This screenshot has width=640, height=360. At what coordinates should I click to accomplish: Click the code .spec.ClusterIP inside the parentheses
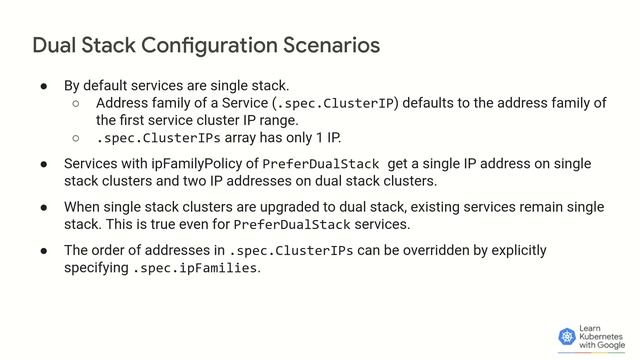pos(336,103)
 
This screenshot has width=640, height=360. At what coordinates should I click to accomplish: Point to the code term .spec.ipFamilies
pos(196,268)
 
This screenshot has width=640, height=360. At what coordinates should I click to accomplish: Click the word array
pos(244,137)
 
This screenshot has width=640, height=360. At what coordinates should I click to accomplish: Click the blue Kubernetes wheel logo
pos(567,337)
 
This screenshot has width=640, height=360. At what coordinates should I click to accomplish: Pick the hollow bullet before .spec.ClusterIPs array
pos(75,137)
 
